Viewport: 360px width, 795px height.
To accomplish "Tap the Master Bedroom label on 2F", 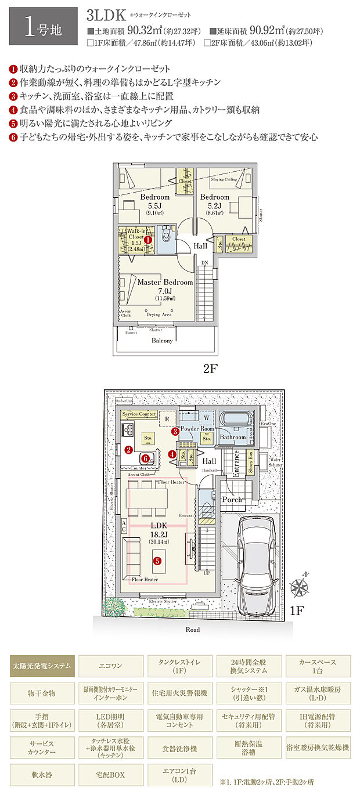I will pyautogui.click(x=165, y=282).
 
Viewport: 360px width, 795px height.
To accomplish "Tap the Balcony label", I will pyautogui.click(x=162, y=341).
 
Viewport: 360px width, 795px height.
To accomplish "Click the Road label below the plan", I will pyautogui.click(x=193, y=630).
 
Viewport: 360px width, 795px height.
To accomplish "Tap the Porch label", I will pyautogui.click(x=232, y=499).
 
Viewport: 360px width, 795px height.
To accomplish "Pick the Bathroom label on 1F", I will pyautogui.click(x=233, y=438).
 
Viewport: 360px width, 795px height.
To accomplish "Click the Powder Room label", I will pyautogui.click(x=196, y=429).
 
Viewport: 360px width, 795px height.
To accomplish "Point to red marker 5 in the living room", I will pyautogui.click(x=157, y=561).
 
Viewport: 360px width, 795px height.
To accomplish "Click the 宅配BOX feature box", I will pyautogui.click(x=110, y=774).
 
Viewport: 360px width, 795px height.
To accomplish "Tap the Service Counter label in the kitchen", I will pyautogui.click(x=139, y=414).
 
